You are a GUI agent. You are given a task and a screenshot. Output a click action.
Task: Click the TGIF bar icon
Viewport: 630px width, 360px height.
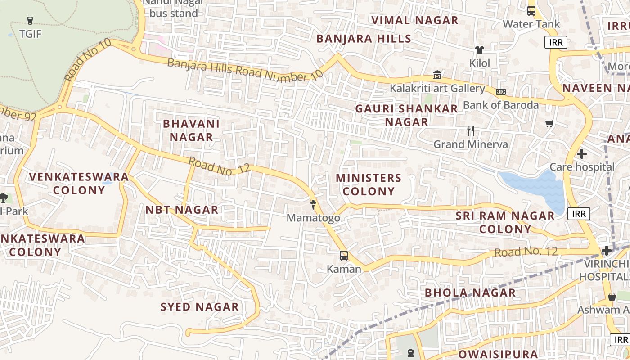[x=30, y=20]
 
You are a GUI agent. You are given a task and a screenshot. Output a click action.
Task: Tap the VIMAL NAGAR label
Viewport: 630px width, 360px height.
[x=414, y=20]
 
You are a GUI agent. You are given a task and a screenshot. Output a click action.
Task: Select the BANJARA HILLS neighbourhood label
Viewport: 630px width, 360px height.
[x=364, y=39]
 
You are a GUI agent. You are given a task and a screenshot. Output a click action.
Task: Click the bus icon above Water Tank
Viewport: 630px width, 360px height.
[x=531, y=10]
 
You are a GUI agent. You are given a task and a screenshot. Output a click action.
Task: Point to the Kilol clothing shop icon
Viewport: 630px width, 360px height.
[x=479, y=50]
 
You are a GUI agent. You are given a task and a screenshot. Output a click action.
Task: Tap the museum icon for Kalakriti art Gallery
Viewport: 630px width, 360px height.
[x=437, y=75]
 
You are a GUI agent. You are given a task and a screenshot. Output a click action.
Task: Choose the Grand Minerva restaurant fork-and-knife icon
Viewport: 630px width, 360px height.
[x=471, y=131]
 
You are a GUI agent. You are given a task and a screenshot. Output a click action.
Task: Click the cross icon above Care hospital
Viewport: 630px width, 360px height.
[x=581, y=154]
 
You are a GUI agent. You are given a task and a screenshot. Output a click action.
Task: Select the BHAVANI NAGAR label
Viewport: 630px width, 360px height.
[x=191, y=130]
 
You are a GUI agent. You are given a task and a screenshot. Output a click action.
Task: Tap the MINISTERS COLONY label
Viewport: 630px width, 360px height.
[x=369, y=184]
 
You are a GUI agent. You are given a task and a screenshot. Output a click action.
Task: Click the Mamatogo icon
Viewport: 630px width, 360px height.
[x=313, y=205]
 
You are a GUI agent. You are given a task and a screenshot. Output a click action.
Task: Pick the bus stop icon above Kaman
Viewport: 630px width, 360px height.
[x=344, y=256]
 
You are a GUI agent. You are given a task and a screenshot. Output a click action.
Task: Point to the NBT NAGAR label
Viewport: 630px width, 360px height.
[x=182, y=210]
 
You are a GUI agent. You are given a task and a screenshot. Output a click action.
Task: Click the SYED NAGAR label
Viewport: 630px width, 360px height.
[x=200, y=307]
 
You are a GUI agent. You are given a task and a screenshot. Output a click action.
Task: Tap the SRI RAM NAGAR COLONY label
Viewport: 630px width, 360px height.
[x=505, y=222]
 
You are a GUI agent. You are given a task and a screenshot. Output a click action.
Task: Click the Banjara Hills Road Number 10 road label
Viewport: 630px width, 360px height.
[x=245, y=69]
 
